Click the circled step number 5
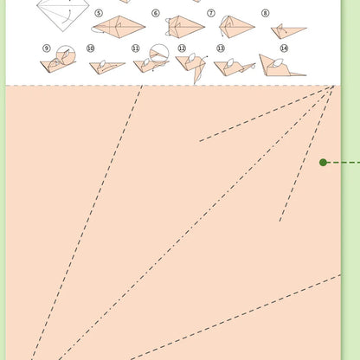pos(98,13)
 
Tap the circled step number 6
pos(156,13)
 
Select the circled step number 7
pos(211,13)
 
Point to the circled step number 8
pos(265,13)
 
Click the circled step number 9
pos(46,48)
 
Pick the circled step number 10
pos(91,48)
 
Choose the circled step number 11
pos(135,48)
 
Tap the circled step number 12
pos(182,48)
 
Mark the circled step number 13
pos(220,48)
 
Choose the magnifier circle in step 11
pos(159,55)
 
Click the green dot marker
pos(324,162)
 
